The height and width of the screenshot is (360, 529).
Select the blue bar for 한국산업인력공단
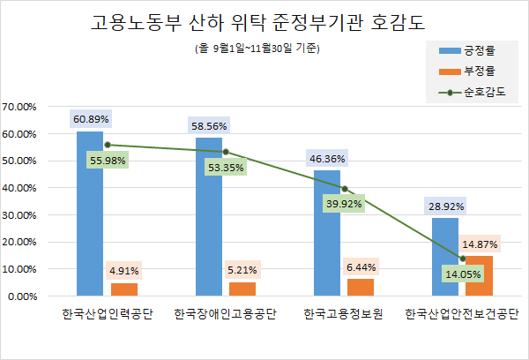89,213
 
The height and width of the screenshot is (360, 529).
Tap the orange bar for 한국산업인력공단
124,289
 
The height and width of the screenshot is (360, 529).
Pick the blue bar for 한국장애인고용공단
209,216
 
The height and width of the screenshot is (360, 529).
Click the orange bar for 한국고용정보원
361,287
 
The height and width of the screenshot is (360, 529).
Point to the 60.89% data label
90,118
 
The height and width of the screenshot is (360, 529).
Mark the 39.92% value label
345,205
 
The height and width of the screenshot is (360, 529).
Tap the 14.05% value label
462,274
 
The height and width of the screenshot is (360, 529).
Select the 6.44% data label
361,266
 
